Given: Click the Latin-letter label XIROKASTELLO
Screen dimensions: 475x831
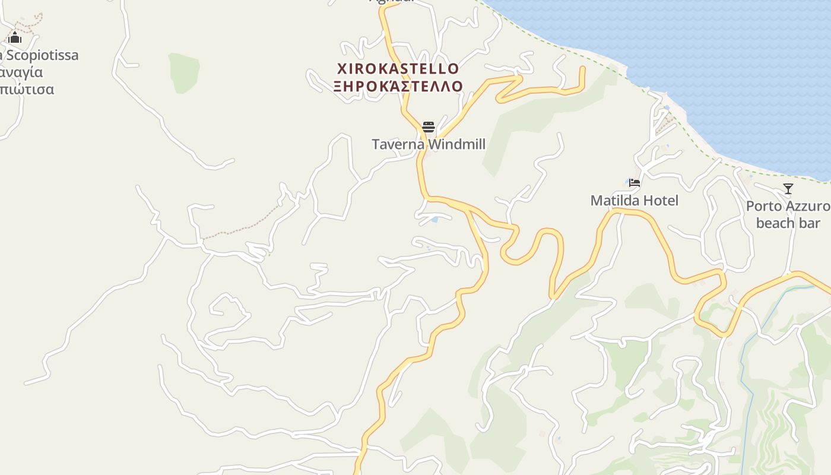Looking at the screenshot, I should pyautogui.click(x=398, y=68).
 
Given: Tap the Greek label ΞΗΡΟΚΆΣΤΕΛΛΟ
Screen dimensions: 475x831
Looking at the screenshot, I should pyautogui.click(x=398, y=87).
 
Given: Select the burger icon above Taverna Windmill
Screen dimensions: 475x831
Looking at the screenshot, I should pyautogui.click(x=429, y=127).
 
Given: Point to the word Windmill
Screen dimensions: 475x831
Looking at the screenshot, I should pyautogui.click(x=456, y=144).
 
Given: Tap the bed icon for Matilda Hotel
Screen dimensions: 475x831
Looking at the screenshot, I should pyautogui.click(x=635, y=183).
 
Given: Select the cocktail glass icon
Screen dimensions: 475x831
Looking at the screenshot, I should pyautogui.click(x=788, y=189).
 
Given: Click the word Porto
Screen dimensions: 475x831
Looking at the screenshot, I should pyautogui.click(x=764, y=207).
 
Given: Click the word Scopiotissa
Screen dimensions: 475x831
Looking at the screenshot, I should pyautogui.click(x=42, y=56).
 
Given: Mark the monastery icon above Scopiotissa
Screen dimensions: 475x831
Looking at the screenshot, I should pyautogui.click(x=15, y=39).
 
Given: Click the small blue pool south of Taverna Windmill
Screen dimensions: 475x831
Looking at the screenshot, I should pyautogui.click(x=435, y=220).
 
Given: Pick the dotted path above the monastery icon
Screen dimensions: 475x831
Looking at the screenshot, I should pyautogui.click(x=30, y=23).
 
